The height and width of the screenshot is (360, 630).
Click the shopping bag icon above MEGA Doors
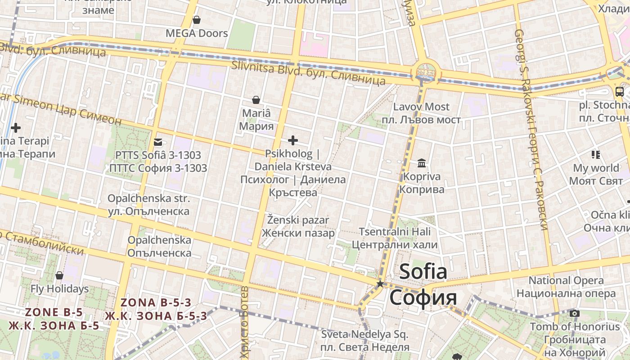click(x=197, y=20)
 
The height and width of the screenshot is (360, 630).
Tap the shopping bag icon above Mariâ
click(x=256, y=99)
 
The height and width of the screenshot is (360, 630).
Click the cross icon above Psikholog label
click(x=293, y=140)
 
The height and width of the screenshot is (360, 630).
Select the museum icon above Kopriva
click(x=422, y=162)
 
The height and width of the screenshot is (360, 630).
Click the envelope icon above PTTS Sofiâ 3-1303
click(x=158, y=142)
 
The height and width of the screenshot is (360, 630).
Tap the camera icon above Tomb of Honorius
click(x=574, y=313)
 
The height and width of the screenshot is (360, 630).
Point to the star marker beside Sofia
click(x=380, y=283)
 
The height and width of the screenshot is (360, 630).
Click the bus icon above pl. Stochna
click(x=620, y=92)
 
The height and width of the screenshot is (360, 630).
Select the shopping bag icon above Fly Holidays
click(x=59, y=275)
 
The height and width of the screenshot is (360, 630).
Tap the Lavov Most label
click(x=421, y=107)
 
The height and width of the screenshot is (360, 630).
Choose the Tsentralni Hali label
click(x=394, y=232)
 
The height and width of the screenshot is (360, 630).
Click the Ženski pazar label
click(x=298, y=220)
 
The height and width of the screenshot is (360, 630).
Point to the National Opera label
click(x=566, y=281)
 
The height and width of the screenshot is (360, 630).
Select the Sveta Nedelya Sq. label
click(x=364, y=334)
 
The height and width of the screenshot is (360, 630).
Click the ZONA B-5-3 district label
click(x=156, y=302)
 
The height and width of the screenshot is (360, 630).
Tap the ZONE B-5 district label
click(x=54, y=312)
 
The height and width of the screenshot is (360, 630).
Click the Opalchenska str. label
click(x=148, y=198)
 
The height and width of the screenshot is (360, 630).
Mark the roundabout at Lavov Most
click(x=426, y=71)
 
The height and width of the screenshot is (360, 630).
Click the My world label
click(x=596, y=168)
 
